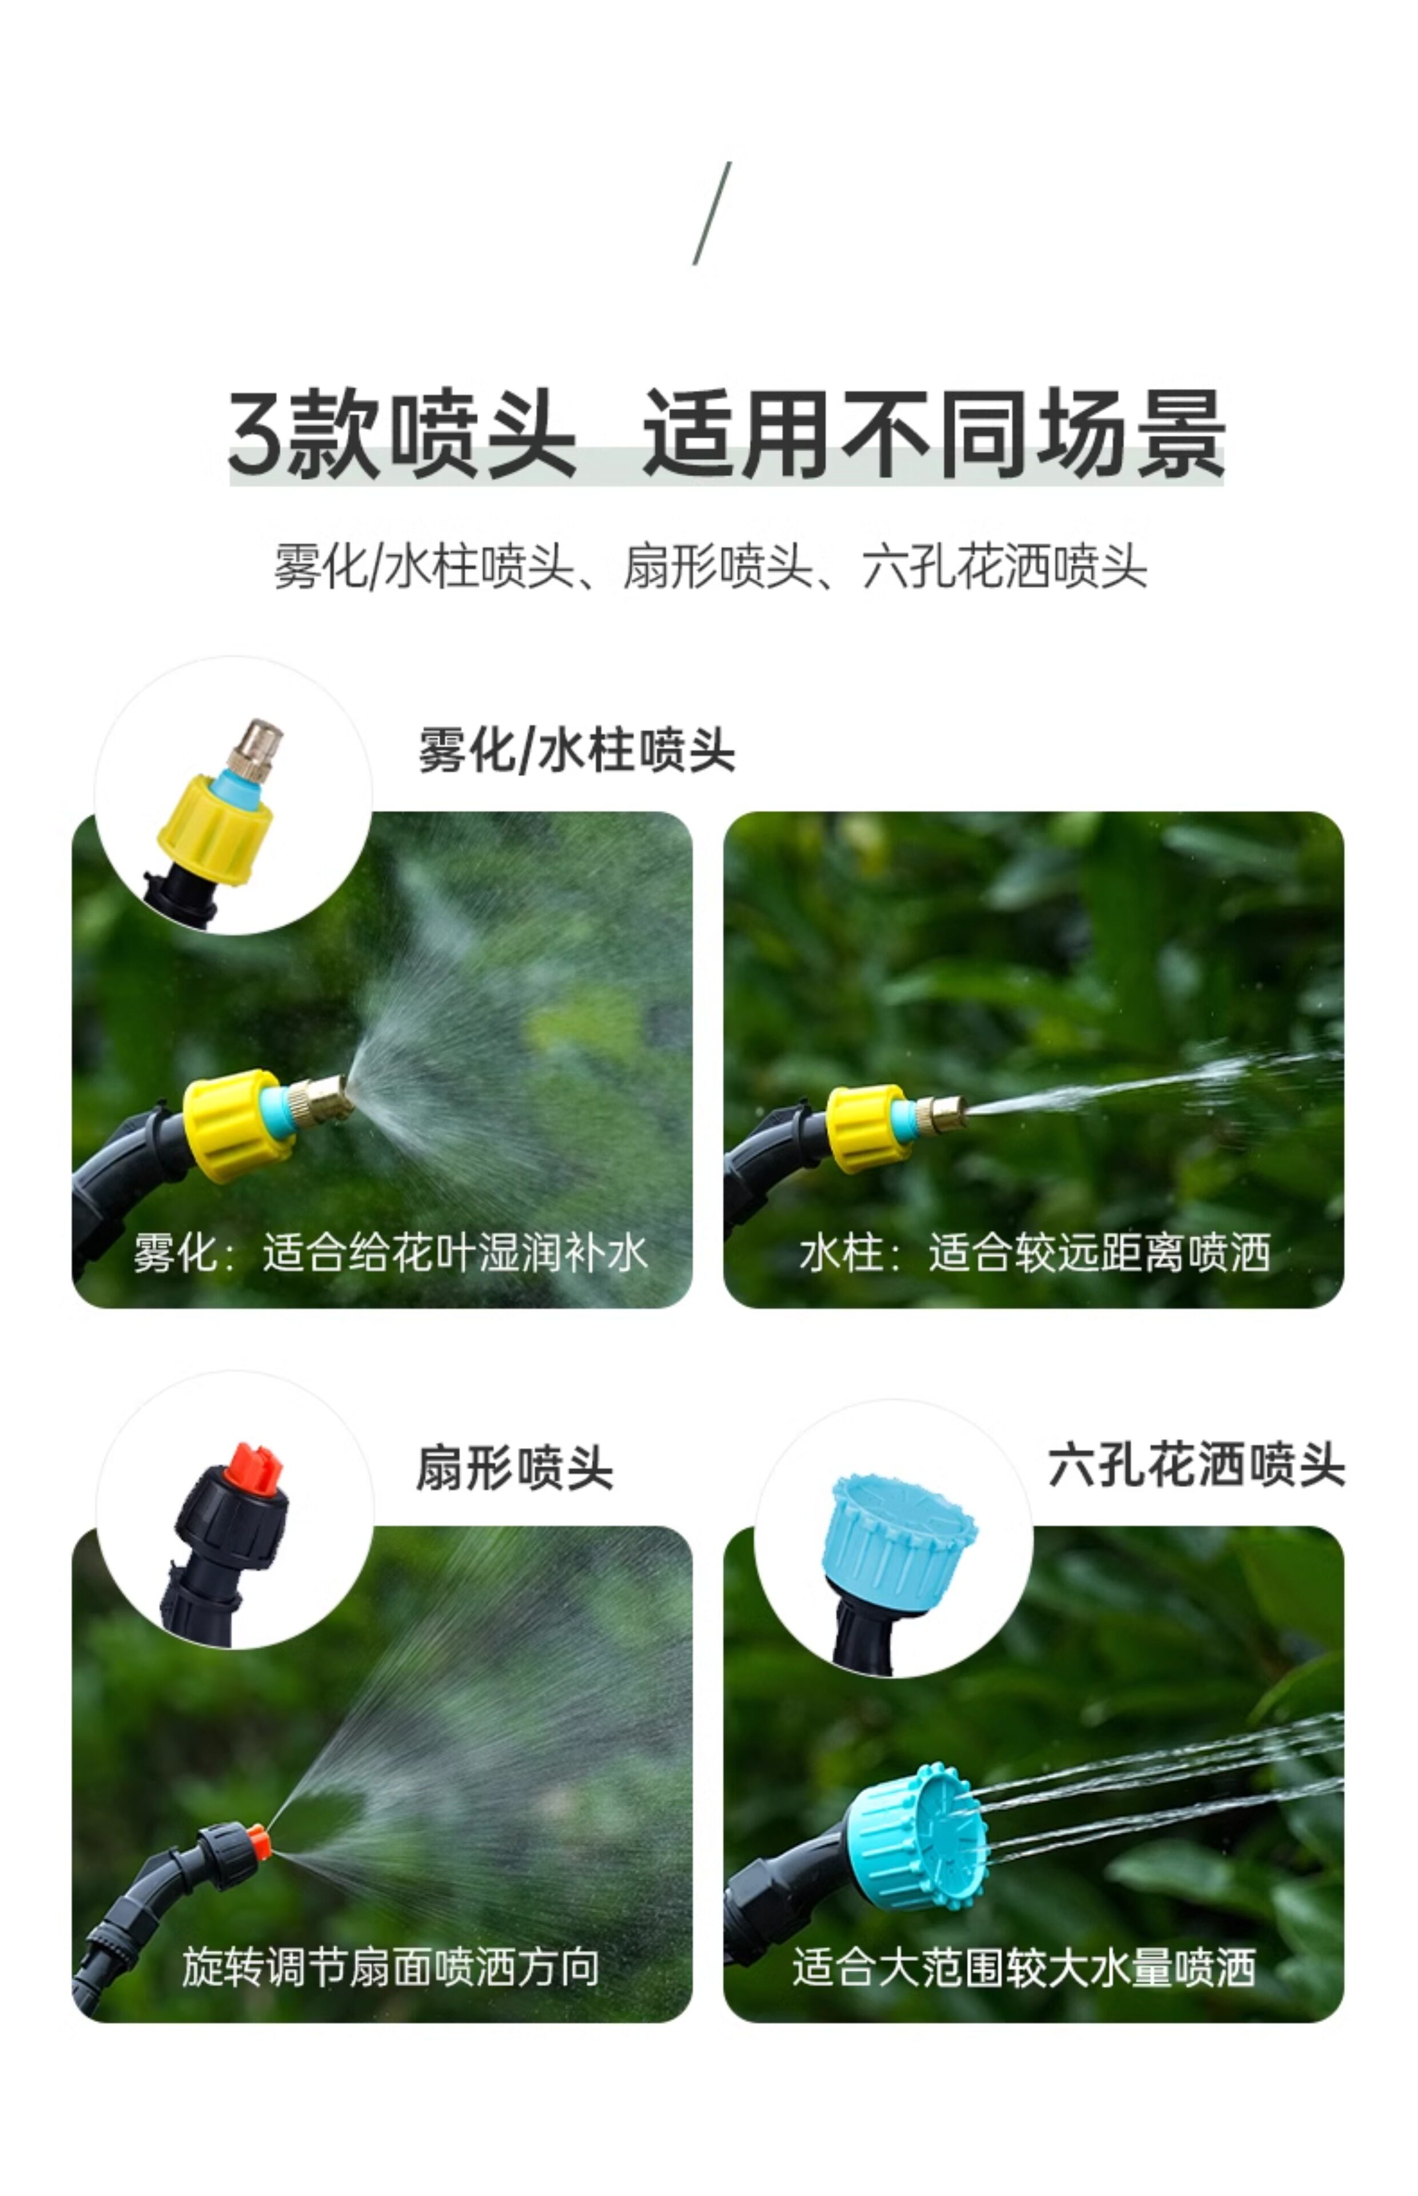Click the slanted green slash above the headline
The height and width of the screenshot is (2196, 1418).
point(712,214)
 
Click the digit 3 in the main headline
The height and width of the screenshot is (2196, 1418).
point(253,433)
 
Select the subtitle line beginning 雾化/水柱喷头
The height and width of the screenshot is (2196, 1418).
point(710,566)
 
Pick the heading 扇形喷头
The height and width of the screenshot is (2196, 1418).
point(514,1467)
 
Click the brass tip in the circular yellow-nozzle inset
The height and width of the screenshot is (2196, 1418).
point(256,750)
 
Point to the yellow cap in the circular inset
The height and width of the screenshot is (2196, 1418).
point(216,829)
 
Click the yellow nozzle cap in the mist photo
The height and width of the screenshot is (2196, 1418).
point(237,1123)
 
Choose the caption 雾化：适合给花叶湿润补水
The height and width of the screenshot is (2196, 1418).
point(391,1253)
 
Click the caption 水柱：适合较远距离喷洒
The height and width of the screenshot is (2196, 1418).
point(1035,1253)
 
